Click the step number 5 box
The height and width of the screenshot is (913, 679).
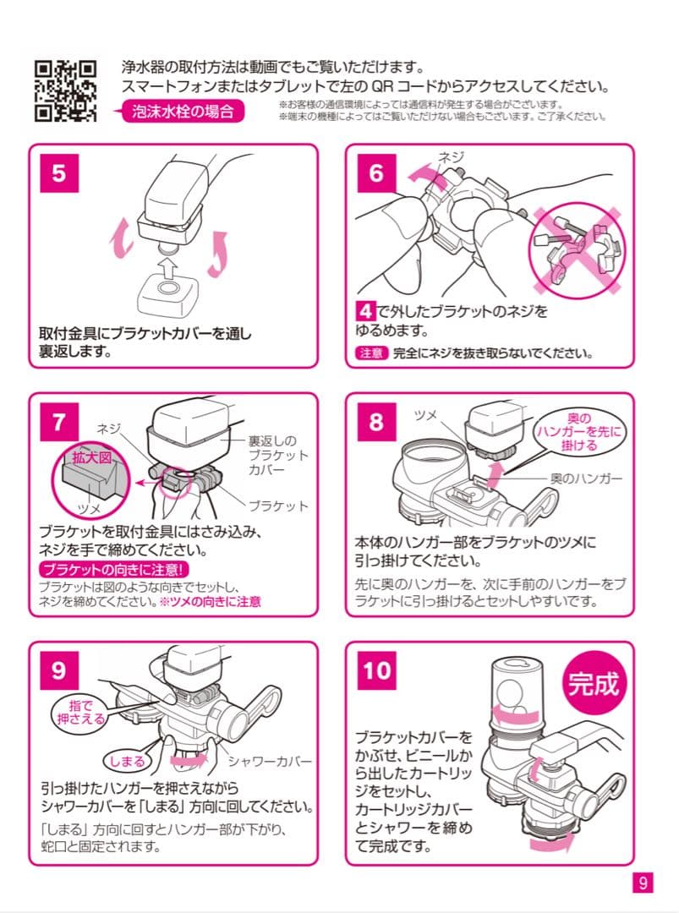[58, 172]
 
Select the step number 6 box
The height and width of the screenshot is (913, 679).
[375, 172]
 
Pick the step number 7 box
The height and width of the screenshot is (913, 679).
[58, 423]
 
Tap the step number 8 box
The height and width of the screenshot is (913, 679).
[375, 423]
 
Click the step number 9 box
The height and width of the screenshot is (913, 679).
[58, 670]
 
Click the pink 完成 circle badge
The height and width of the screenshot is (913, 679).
[591, 683]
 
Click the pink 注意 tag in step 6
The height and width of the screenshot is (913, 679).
[370, 353]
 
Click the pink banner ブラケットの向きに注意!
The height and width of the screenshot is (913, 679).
[117, 570]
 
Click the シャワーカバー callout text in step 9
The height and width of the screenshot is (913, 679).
[271, 761]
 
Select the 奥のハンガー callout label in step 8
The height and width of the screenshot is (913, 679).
[586, 479]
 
